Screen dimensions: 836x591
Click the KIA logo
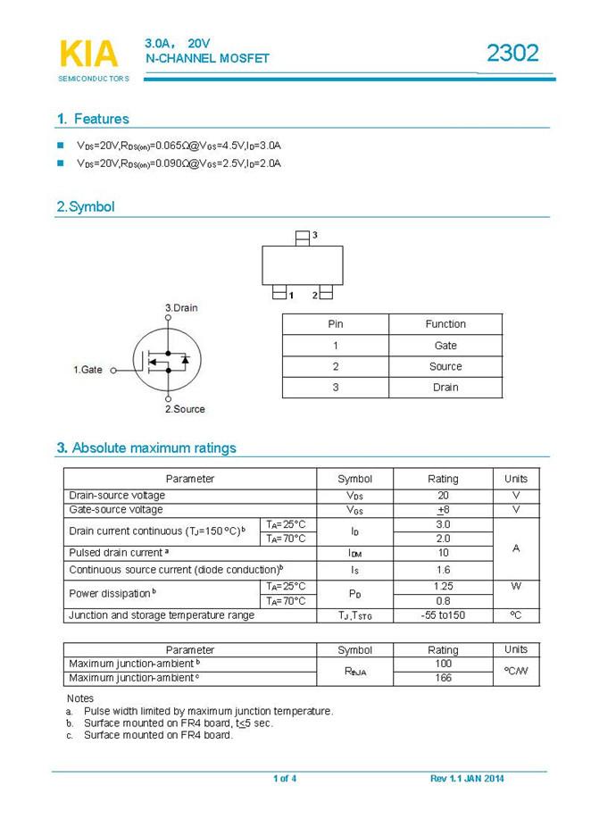[x=88, y=54]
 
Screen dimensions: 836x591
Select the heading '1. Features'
[x=93, y=119]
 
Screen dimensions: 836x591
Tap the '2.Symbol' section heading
[x=86, y=207]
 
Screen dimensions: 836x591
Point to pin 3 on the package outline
[x=304, y=237]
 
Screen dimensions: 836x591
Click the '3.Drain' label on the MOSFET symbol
[x=181, y=308]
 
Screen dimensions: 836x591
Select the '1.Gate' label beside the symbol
[x=87, y=369]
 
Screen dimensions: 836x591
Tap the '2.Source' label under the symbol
[x=185, y=409]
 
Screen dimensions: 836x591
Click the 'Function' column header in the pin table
[x=445, y=324]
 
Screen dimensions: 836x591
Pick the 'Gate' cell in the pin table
[x=445, y=346]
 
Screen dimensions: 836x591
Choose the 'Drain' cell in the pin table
[x=445, y=388]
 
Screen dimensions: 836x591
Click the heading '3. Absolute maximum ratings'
[x=146, y=447]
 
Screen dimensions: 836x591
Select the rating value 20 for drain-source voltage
[x=443, y=496]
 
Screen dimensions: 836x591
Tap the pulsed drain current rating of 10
[x=443, y=554]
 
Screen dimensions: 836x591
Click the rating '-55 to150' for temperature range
[x=443, y=615]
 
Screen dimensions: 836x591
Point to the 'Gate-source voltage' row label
[x=116, y=510]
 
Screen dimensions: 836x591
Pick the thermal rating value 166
[x=443, y=678]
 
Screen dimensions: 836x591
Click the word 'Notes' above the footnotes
[x=80, y=698]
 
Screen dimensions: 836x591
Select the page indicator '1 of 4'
[x=285, y=779]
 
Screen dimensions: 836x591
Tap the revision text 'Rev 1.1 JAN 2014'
[x=467, y=779]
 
